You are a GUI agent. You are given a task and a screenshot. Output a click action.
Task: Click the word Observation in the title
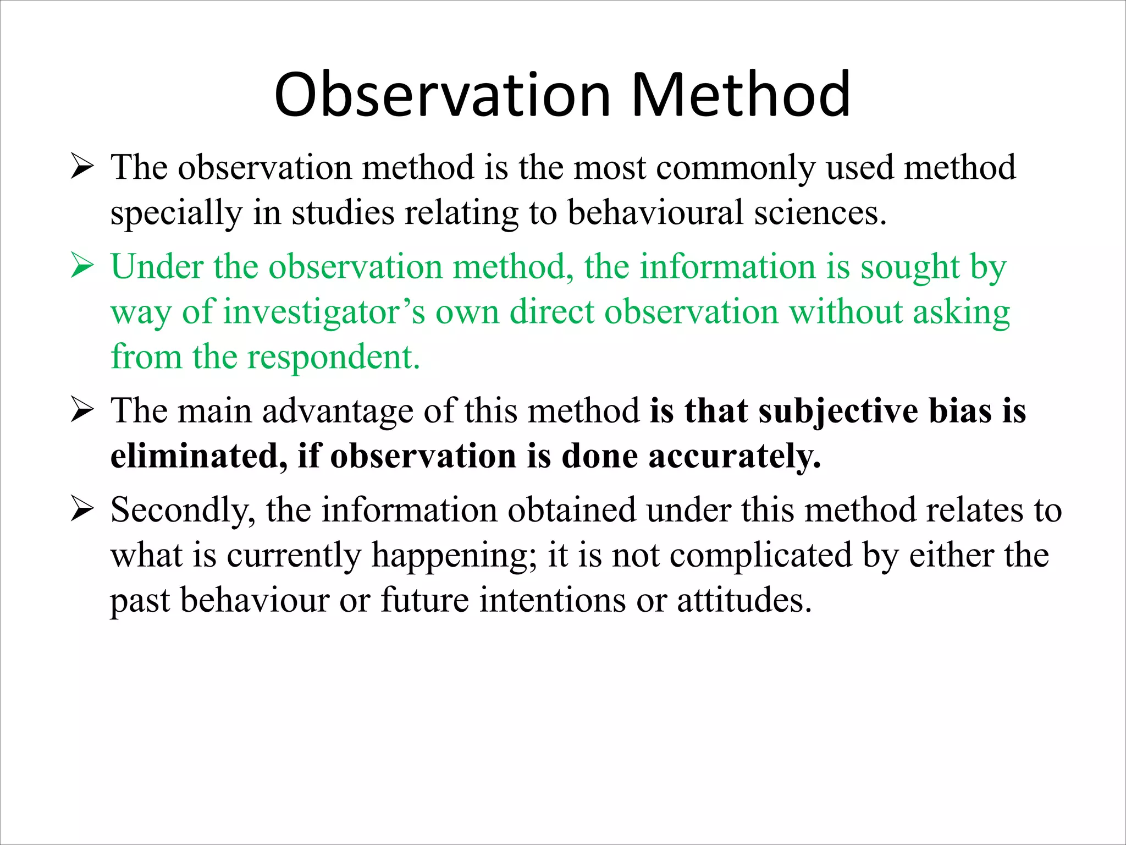[x=443, y=95]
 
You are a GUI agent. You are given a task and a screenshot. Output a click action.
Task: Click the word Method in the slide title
[x=741, y=95]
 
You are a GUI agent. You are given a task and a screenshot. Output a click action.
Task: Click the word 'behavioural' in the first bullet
[x=655, y=213]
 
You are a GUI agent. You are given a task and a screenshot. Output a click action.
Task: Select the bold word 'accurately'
[x=735, y=457]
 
